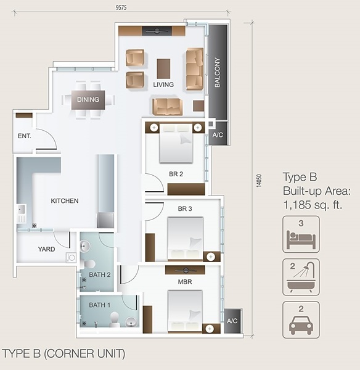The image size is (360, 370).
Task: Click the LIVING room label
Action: (x=163, y=84)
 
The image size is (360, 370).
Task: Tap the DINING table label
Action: (x=88, y=99)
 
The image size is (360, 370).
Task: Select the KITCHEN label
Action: (x=65, y=201)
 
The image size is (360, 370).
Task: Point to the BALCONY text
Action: (x=217, y=72)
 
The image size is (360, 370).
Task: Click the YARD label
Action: (x=46, y=249)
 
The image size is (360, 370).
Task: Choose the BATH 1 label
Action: (x=99, y=305)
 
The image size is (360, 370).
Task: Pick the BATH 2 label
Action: (x=99, y=275)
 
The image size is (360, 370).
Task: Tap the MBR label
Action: (x=185, y=282)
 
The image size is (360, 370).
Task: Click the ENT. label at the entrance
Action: (x=24, y=136)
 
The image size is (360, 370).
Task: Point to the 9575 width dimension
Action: (x=121, y=7)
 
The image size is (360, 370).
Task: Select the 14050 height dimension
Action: (x=259, y=181)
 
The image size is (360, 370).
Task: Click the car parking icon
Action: (x=301, y=319)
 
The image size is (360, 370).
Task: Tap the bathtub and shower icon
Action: (x=301, y=277)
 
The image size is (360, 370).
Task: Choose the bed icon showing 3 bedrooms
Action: (x=301, y=234)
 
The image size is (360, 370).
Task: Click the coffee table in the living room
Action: (x=163, y=68)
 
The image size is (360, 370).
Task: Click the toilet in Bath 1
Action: (x=115, y=319)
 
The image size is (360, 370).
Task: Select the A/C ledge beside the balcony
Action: (x=218, y=133)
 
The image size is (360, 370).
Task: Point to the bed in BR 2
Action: (x=176, y=143)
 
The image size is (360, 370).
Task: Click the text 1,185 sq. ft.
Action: (x=313, y=205)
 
